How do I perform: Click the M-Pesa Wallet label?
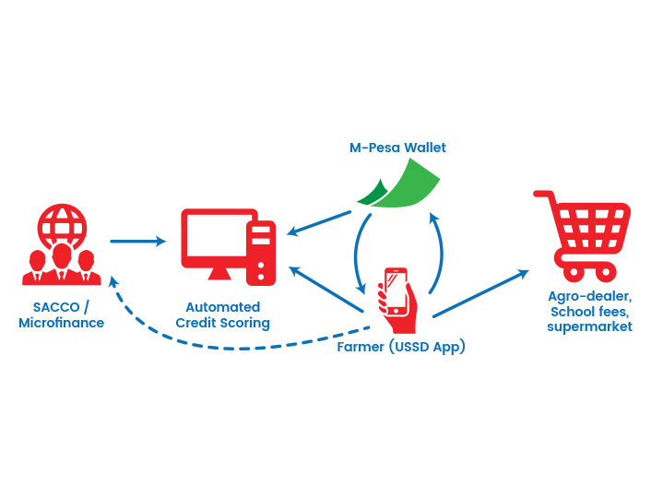pyautogui.click(x=397, y=148)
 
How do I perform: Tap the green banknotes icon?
pyautogui.click(x=398, y=184)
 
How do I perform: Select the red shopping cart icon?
pyautogui.click(x=582, y=236)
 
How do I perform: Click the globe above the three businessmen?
pyautogui.click(x=62, y=226)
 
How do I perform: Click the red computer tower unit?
pyautogui.click(x=261, y=253)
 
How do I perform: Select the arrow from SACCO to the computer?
pyautogui.click(x=137, y=241)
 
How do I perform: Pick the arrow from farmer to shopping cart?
pyautogui.click(x=480, y=293)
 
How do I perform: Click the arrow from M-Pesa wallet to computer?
pyautogui.click(x=319, y=223)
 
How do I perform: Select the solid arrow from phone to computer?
pyautogui.click(x=325, y=289)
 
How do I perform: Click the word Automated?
pyautogui.click(x=223, y=307)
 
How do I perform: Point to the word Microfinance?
pyautogui.click(x=62, y=323)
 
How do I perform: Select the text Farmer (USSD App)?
pyautogui.click(x=401, y=347)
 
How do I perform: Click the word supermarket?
pyautogui.click(x=589, y=326)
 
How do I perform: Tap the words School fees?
pyautogui.click(x=589, y=312)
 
